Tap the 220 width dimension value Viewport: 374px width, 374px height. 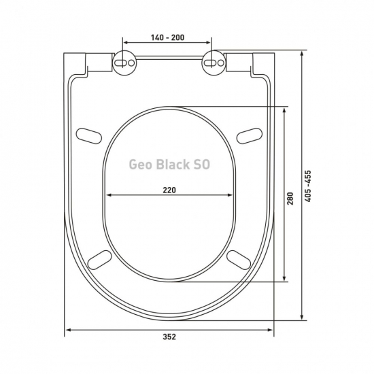[x=169, y=190]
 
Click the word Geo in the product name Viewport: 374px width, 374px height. [x=141, y=164]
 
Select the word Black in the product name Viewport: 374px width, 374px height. [x=174, y=164]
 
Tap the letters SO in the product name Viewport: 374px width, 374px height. [x=203, y=164]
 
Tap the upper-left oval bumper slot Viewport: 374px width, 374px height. [x=89, y=134]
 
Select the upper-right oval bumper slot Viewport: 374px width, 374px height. [x=250, y=134]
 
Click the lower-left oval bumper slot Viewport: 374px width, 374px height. [x=101, y=260]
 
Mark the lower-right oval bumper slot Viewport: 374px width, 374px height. [x=239, y=260]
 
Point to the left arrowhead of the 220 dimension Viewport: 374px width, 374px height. [x=109, y=196]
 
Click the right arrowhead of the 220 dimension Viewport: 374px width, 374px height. [x=231, y=196]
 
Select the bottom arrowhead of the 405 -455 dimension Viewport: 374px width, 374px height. [x=302, y=316]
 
